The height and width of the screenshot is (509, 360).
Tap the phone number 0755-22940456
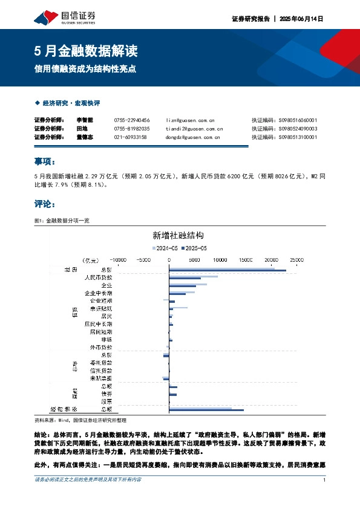131,120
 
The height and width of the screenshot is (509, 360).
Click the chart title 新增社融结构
177,235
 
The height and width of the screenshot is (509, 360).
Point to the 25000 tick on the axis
296,259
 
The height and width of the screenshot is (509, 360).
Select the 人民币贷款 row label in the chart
97,277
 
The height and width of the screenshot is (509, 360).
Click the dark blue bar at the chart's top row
227,271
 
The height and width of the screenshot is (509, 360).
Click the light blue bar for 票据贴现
178,307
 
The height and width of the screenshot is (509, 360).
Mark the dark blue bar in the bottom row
206,410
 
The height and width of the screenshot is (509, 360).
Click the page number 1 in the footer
325,480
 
